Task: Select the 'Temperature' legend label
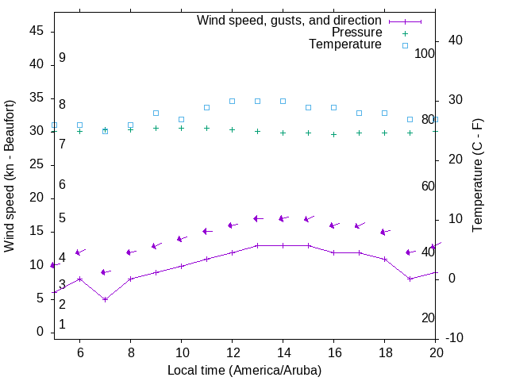[345, 44]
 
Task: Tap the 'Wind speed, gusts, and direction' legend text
[290, 21]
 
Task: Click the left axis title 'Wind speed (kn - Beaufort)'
[10, 176]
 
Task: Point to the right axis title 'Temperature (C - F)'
[477, 176]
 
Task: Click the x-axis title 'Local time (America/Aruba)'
[244, 370]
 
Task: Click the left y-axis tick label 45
[36, 31]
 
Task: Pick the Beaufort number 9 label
[62, 58]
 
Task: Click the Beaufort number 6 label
[62, 184]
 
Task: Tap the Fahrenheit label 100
[425, 53]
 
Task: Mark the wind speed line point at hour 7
[105, 299]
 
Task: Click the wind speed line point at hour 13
[257, 245]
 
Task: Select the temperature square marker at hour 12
[232, 101]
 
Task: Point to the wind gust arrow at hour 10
[181, 238]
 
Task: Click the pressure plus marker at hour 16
[333, 134]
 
